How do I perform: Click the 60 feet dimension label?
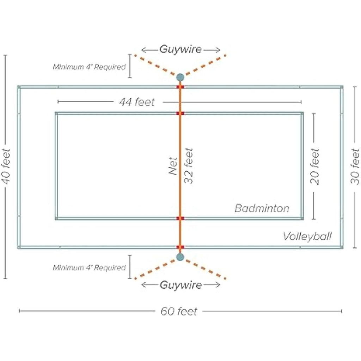[x=179, y=311]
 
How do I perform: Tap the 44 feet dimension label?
[x=137, y=102]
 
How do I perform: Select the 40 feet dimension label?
[x=6, y=166]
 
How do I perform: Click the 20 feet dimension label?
[x=315, y=166]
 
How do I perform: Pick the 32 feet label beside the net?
[x=189, y=166]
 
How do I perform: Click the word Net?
[x=173, y=166]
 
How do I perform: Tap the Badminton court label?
[x=262, y=208]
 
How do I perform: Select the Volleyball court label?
[x=307, y=237]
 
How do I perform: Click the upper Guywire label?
[x=181, y=49]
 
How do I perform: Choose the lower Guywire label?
[x=181, y=285]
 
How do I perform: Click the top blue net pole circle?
[x=180, y=77]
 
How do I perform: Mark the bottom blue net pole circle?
[x=180, y=257]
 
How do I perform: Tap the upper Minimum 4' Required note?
[x=89, y=67]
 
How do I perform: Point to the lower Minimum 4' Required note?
[x=89, y=268]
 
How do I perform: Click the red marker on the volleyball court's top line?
[x=180, y=87]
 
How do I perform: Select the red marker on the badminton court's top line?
[x=180, y=113]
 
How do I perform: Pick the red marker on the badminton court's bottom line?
[x=180, y=218]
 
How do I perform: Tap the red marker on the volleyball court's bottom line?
[x=180, y=247]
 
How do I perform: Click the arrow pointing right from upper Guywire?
[x=212, y=50]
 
